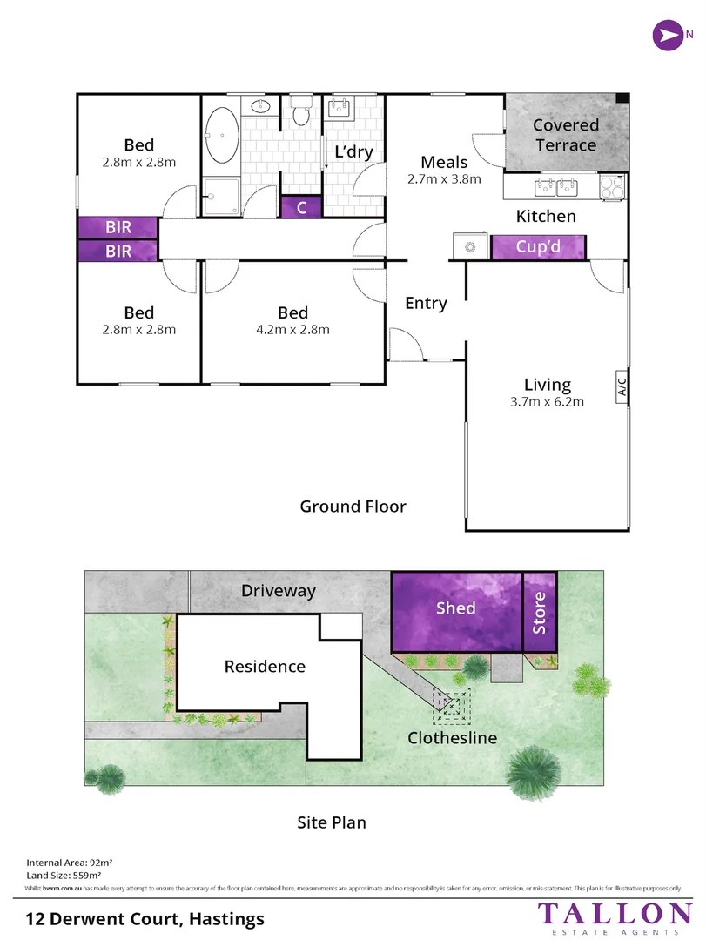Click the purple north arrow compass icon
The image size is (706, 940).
tap(669, 36)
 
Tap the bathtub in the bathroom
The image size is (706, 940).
tap(222, 136)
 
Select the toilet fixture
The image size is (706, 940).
tap(301, 111)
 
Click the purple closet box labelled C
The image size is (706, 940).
tap(301, 207)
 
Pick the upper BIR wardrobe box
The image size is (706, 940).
tap(118, 227)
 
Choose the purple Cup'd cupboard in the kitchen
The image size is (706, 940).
tap(538, 247)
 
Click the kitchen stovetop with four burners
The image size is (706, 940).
tap(613, 187)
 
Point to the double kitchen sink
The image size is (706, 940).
tap(556, 187)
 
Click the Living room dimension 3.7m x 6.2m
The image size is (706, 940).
tap(547, 402)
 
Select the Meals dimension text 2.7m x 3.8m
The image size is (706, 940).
tap(444, 179)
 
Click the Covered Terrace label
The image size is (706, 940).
tap(566, 135)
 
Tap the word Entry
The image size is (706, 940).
tap(426, 304)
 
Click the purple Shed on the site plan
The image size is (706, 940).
tap(456, 612)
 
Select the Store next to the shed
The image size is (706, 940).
tap(540, 612)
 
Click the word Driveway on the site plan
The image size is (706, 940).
tap(279, 591)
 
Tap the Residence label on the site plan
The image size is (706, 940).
tap(265, 667)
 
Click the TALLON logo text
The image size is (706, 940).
tap(615, 914)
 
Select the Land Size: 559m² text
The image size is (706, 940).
tap(64, 876)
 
